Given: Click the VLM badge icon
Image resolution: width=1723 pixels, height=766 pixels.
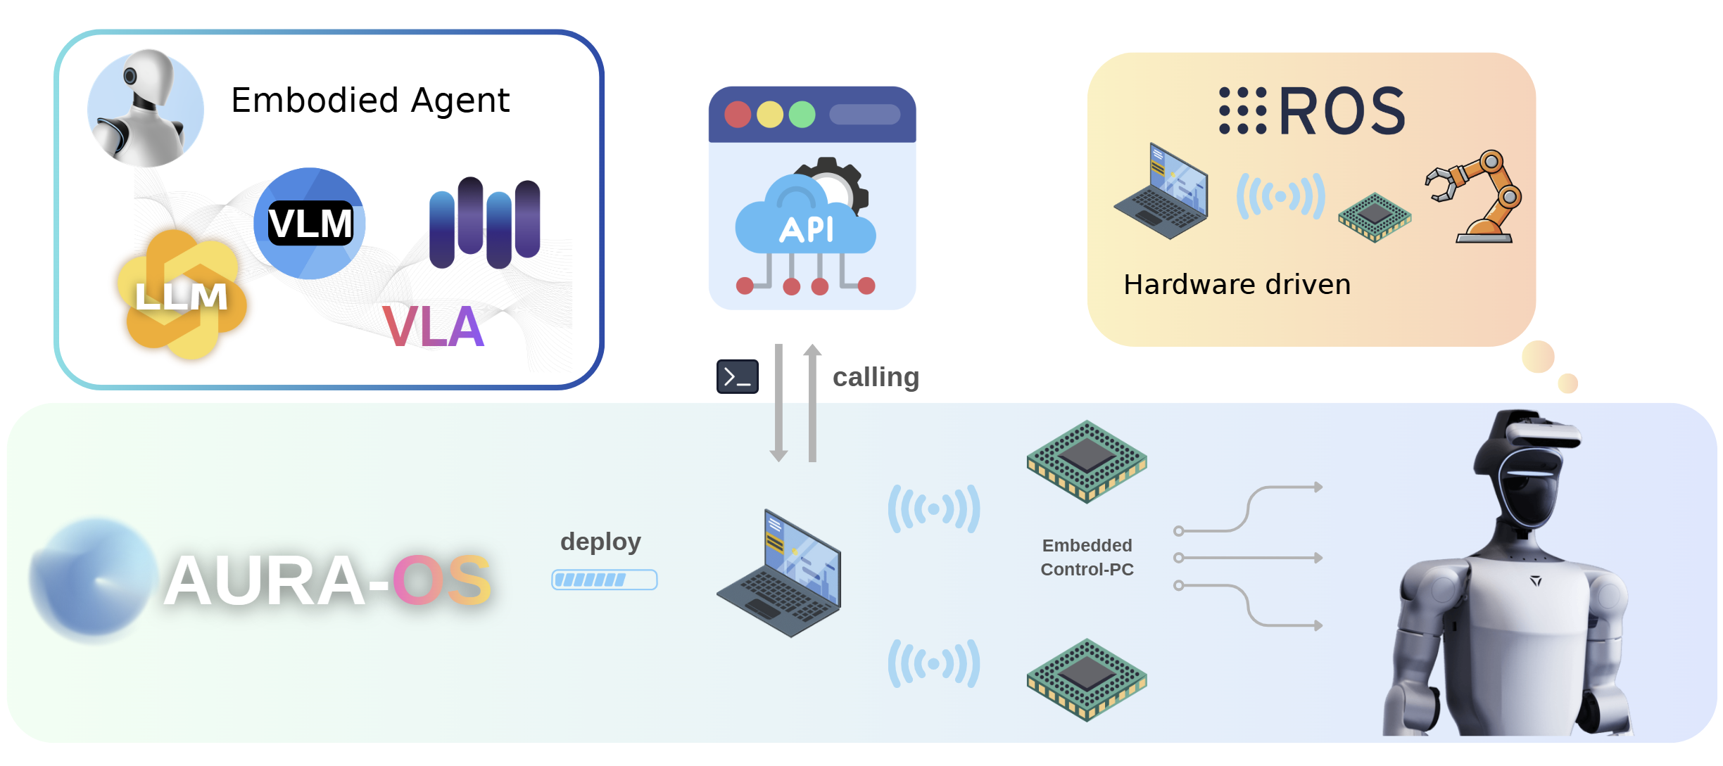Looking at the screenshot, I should click(310, 224).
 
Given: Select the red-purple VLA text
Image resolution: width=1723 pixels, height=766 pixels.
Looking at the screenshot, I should click(434, 326).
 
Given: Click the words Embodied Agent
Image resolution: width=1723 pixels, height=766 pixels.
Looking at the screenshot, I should click(370, 101).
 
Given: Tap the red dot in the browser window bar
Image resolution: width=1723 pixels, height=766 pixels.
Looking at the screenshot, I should click(738, 115).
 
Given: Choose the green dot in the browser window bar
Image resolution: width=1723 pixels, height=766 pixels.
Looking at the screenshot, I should click(802, 115).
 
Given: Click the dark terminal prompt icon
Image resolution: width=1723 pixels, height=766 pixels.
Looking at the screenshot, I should click(737, 376).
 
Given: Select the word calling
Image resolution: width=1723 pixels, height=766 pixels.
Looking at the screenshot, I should click(876, 377).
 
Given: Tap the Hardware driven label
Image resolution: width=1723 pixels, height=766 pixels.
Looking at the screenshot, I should click(1237, 284).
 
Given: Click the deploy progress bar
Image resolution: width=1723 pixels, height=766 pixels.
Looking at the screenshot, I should click(604, 580).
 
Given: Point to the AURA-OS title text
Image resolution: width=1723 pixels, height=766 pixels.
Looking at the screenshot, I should click(327, 581).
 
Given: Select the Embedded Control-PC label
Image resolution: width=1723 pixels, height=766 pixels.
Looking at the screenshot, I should click(1087, 557).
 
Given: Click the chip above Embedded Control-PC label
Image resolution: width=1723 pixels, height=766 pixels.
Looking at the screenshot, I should click(1087, 460).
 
